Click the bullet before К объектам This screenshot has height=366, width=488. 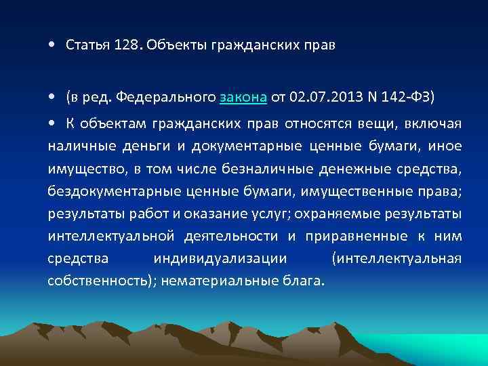pyautogui.click(x=52, y=123)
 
